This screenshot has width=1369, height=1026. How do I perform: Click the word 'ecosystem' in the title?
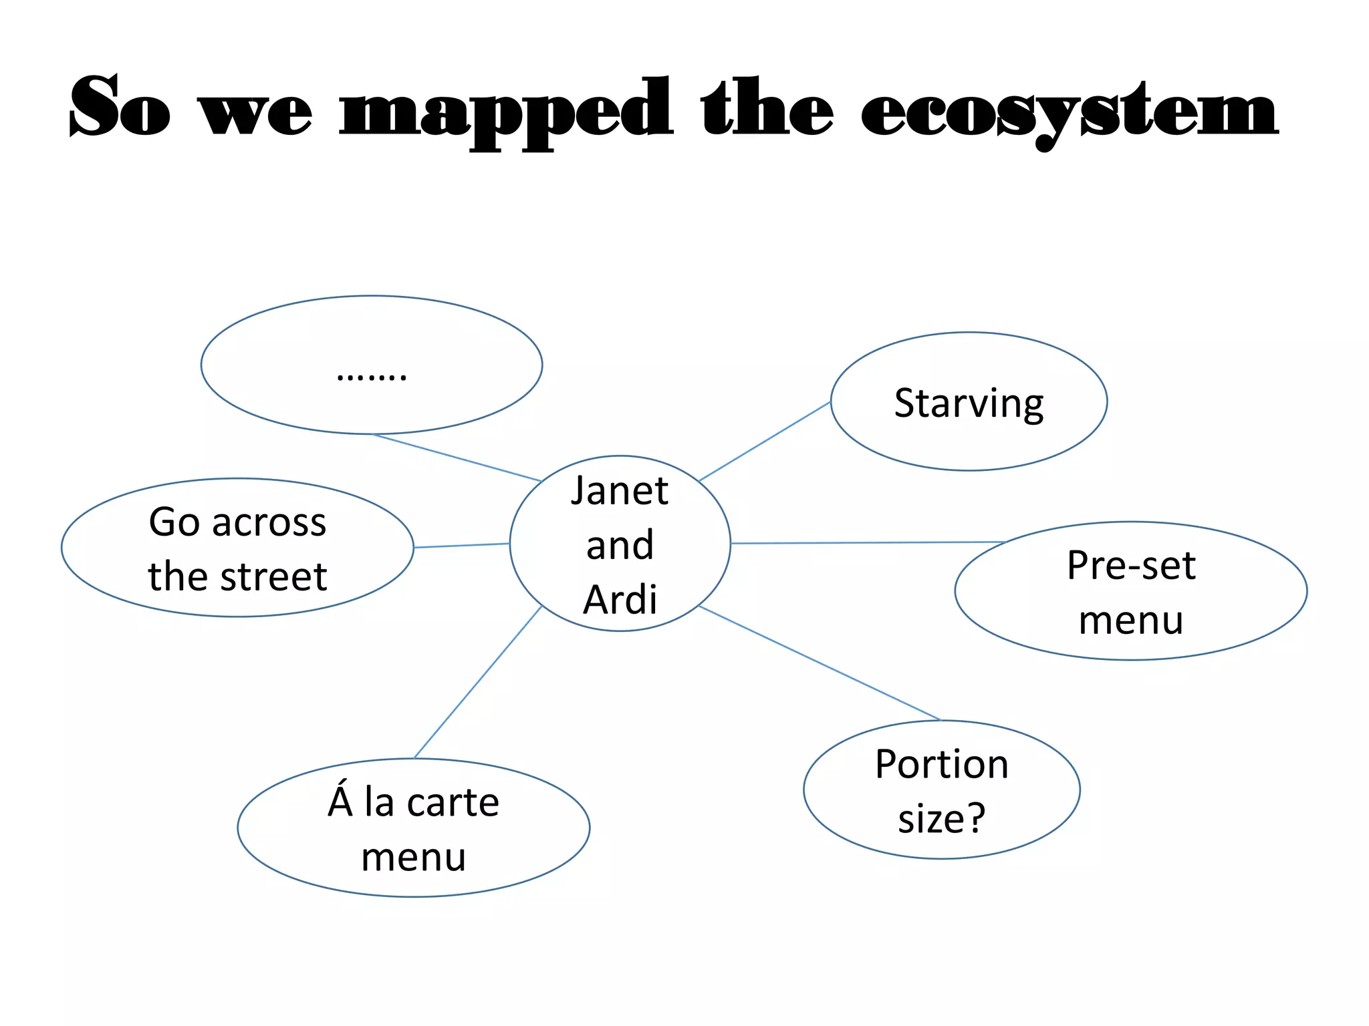(x=1070, y=110)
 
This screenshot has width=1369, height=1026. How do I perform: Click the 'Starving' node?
(x=969, y=403)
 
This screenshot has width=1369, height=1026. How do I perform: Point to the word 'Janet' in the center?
(x=620, y=491)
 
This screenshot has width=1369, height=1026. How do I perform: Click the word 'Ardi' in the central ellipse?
(x=620, y=599)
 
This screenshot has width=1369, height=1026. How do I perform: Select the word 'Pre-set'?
(x=1131, y=566)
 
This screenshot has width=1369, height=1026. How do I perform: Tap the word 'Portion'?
(x=941, y=764)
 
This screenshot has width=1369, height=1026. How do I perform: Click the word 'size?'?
(x=941, y=818)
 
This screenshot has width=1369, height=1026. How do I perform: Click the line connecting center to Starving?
(x=764, y=442)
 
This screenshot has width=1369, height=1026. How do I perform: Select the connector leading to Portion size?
(x=820, y=663)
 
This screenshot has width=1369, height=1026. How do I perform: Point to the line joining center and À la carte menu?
(x=478, y=681)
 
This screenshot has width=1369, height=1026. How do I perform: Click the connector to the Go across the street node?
(x=461, y=546)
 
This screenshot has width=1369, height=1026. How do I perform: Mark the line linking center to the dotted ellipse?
(x=457, y=458)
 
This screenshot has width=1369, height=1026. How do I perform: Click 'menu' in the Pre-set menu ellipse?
(x=1131, y=621)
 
